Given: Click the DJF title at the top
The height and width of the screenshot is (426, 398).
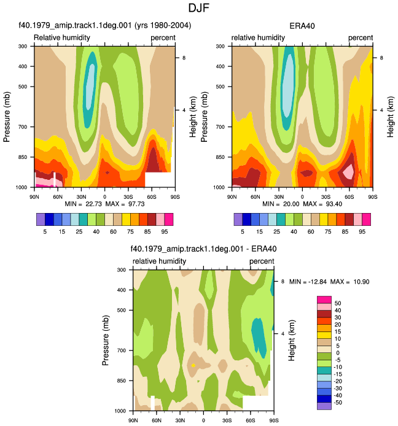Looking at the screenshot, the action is tap(199, 8).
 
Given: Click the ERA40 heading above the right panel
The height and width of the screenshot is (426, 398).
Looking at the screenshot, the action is tap(302, 26).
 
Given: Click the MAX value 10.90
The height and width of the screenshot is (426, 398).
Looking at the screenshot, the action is tap(361, 282).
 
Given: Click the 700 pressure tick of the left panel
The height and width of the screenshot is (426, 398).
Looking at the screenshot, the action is tap(23, 127).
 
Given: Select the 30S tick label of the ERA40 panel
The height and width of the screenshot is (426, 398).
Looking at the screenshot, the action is tap(326, 196).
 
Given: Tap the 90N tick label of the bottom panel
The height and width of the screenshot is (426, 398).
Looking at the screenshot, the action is tap(133, 420).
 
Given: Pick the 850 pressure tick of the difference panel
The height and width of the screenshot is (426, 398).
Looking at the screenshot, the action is tap(122, 381).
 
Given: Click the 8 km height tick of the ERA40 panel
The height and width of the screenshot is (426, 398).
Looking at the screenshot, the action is tap(381, 58).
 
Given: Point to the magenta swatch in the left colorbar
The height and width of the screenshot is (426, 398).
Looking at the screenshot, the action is tap(169, 220).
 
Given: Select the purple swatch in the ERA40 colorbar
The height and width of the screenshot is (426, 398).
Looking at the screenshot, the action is tap(238, 220).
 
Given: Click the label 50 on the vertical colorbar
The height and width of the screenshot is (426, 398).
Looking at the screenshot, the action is tap(338, 303).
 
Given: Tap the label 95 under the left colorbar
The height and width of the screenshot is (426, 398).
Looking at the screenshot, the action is tap(165, 232).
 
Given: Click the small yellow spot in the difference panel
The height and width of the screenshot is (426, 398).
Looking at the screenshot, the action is tap(193, 365).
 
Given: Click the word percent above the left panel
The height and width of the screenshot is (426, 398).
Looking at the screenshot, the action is tap(163, 38).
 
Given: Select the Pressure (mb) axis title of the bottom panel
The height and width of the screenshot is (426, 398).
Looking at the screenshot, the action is tap(106, 340).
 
